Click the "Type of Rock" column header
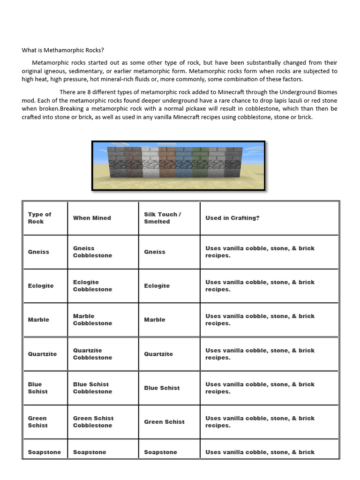pos(40,218)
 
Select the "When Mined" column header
pos(92,218)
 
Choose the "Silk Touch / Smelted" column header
pos(162,218)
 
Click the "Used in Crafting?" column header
pos(232,218)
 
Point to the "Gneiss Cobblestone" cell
pos(92,252)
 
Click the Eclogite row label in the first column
pos(41,286)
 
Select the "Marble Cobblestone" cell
pos(92,320)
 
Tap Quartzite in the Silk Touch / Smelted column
pos(158,354)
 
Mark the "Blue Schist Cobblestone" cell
pos(92,388)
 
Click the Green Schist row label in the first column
pos(37,422)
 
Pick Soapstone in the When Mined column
pos(90,452)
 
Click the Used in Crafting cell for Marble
pos(260,320)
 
